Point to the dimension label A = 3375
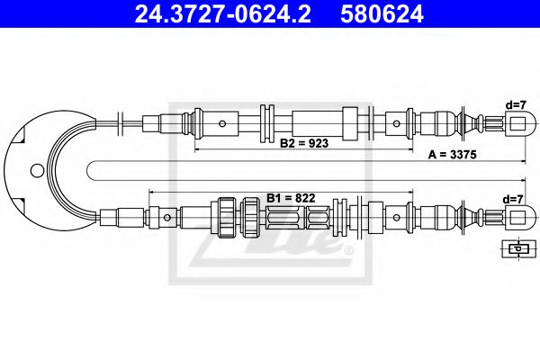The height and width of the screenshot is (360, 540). coord(450,155)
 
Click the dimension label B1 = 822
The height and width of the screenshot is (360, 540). coord(290,197)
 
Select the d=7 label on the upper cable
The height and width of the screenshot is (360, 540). coord(515,104)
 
